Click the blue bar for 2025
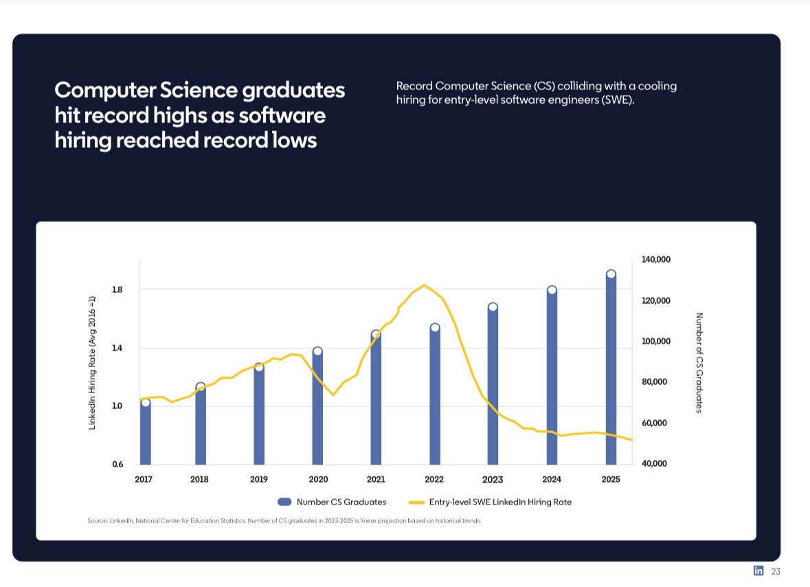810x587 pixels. [x=611, y=371]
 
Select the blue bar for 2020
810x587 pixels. [x=317, y=409]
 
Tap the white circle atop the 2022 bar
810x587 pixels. [x=435, y=328]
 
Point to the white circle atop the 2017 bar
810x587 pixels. [x=145, y=402]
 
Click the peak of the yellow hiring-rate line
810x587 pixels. [x=425, y=285]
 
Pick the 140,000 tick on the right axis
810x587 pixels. [x=655, y=260]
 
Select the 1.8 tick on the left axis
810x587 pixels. [x=117, y=289]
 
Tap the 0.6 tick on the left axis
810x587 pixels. [x=117, y=464]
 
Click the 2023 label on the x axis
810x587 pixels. [x=493, y=480]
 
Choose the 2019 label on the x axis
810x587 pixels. [x=259, y=480]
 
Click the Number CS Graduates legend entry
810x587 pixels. [x=332, y=502]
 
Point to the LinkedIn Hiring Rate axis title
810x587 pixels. [x=91, y=362]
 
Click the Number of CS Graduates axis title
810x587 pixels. [x=699, y=362]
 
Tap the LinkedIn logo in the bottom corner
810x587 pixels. [x=759, y=571]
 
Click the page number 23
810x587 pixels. [x=776, y=571]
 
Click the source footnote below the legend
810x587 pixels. [x=284, y=520]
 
